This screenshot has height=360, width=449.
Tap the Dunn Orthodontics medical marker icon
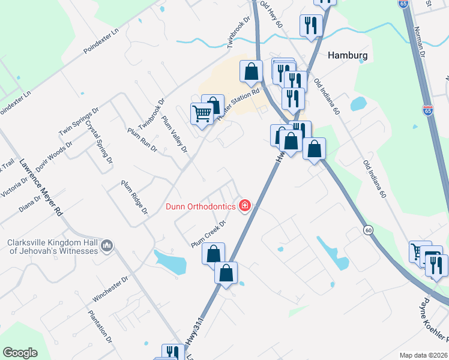pos(244,206)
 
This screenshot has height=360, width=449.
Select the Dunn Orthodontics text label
pos(200,206)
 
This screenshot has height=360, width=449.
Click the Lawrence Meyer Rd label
pos(41,187)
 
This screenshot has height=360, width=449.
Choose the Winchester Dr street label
pos(111,289)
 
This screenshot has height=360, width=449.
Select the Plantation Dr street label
pos(100,326)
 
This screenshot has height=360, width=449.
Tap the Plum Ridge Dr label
pos(134,197)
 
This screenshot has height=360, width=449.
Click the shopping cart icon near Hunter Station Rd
pos(202,112)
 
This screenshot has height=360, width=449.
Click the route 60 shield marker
pos(367,230)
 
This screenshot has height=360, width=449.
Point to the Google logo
pos(20,353)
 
